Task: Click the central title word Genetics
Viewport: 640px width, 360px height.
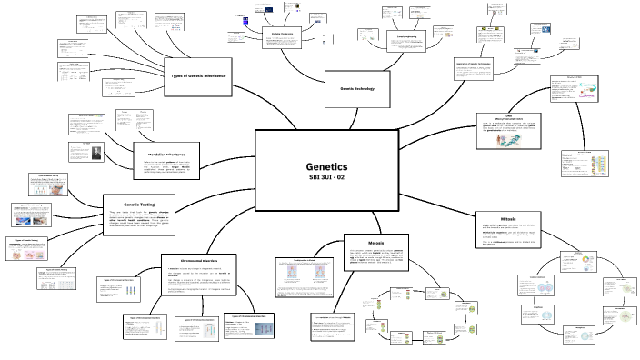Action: click(x=326, y=167)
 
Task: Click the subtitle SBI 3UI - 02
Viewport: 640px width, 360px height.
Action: click(x=326, y=178)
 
